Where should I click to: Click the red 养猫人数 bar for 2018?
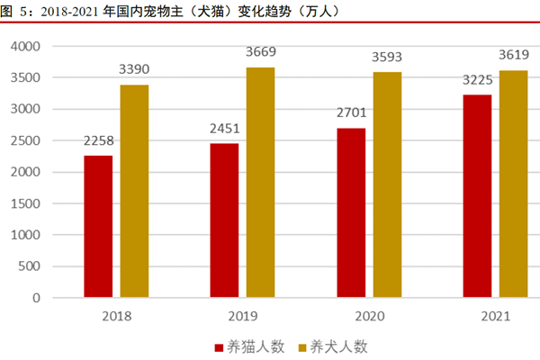point(98,226)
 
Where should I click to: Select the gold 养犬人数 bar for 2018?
point(134,191)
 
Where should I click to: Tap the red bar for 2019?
point(225,220)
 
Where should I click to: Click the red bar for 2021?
point(478,195)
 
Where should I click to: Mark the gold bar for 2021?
point(514,184)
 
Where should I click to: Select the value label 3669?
point(261,52)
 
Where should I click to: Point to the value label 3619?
point(514,55)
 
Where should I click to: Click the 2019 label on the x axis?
point(243,316)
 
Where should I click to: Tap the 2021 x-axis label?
point(496,316)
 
